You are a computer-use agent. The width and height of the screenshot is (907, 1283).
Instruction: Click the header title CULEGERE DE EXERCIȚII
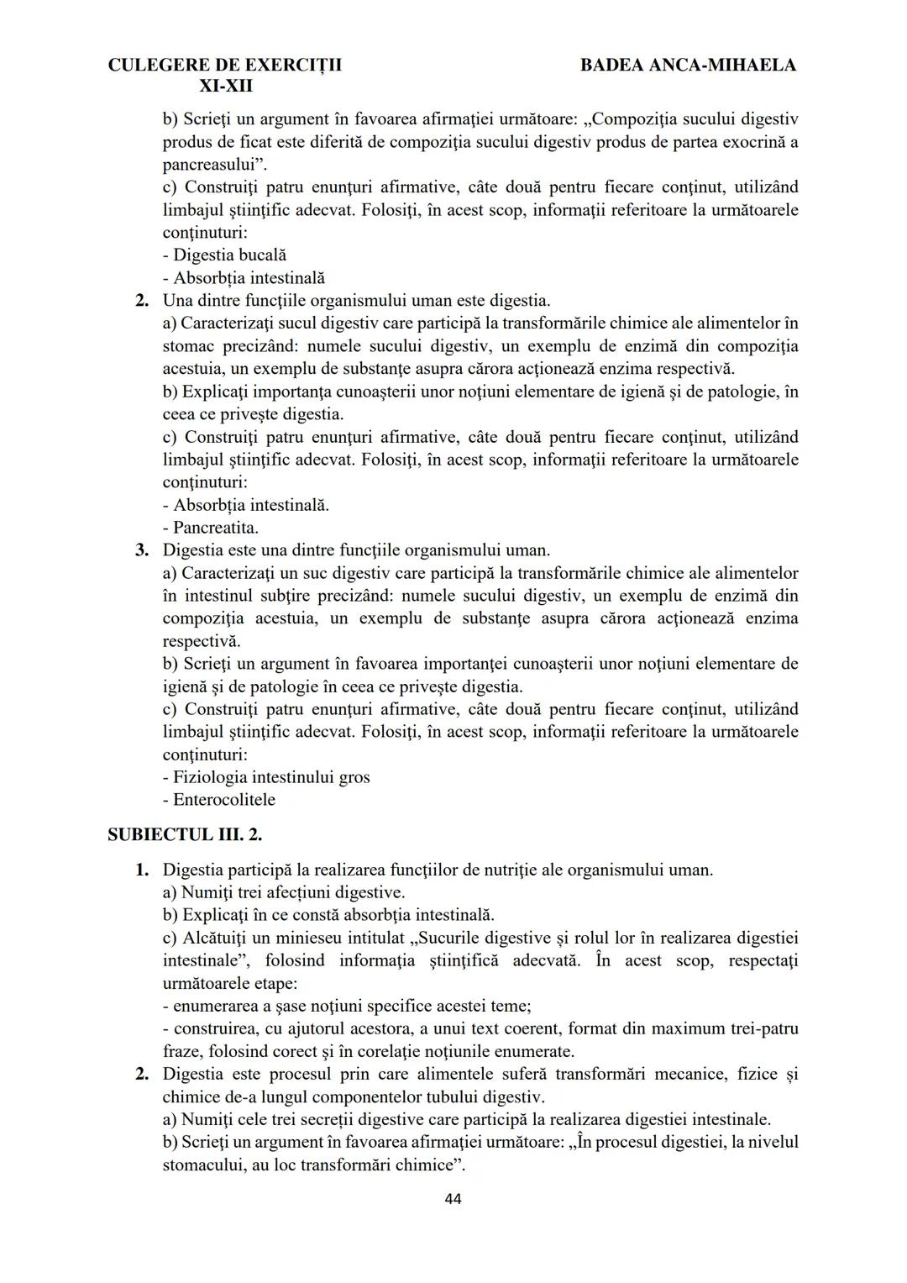pyautogui.click(x=225, y=65)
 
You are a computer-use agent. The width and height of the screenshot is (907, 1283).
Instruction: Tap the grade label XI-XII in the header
pyautogui.click(x=226, y=87)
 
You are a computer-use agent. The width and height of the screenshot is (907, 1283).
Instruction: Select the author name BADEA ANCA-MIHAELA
pyautogui.click(x=688, y=65)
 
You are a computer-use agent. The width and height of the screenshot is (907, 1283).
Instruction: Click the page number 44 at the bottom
pyautogui.click(x=453, y=1199)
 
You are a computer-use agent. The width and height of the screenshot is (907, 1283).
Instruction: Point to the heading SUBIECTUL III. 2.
pyautogui.click(x=186, y=835)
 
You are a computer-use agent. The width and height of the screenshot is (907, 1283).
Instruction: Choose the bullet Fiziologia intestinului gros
pyautogui.click(x=266, y=778)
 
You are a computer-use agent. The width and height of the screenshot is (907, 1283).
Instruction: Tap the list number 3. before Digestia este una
pyautogui.click(x=143, y=551)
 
